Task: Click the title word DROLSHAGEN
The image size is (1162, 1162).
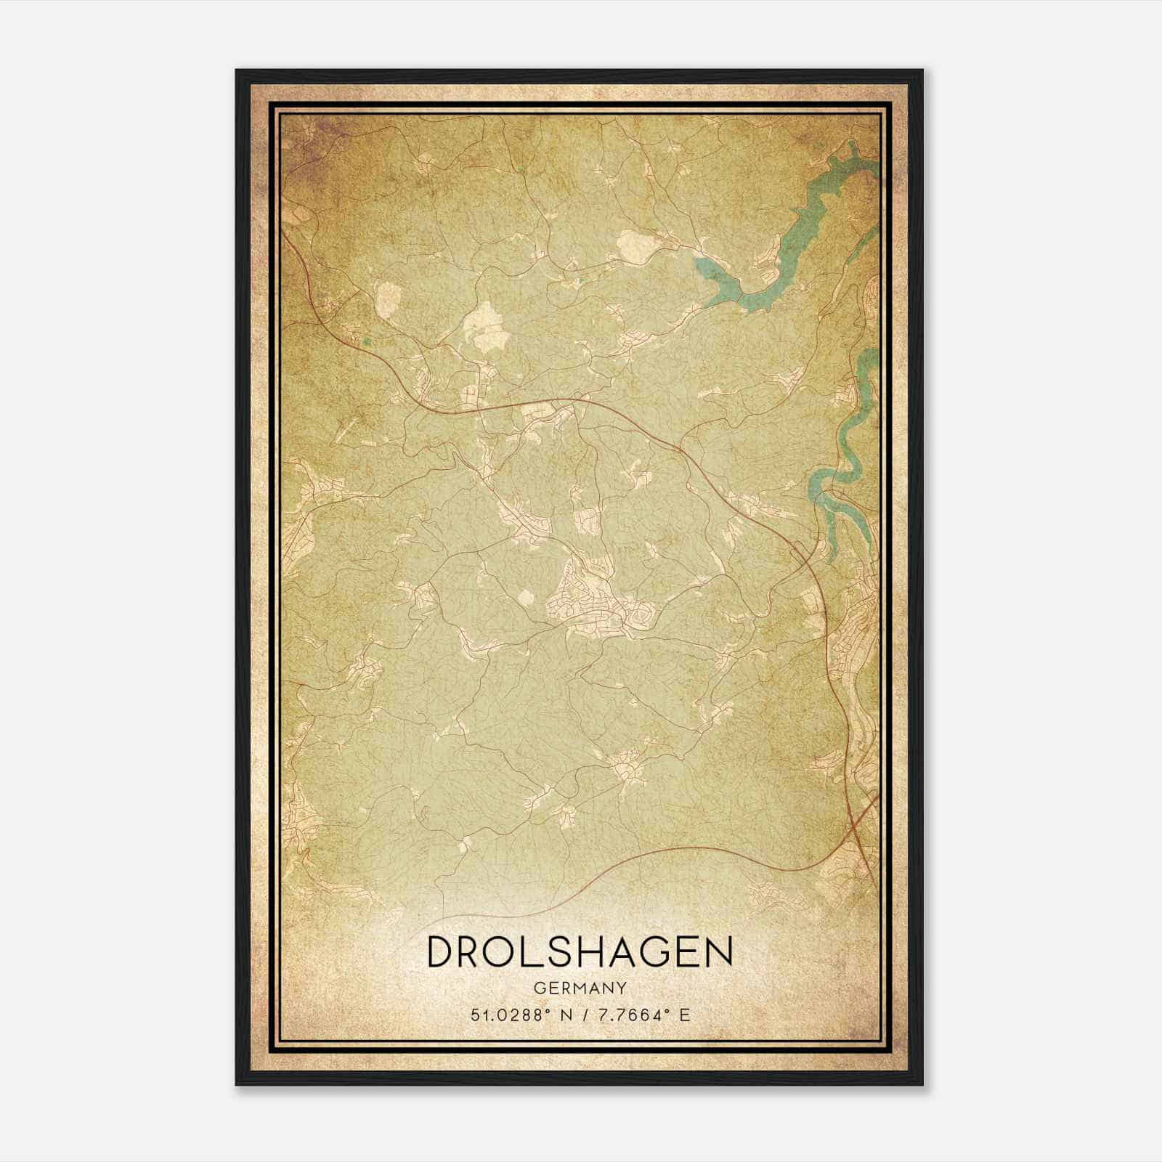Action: click(x=580, y=952)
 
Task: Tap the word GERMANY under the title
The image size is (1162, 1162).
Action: click(x=580, y=988)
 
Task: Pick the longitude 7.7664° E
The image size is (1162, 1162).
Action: click(x=641, y=1015)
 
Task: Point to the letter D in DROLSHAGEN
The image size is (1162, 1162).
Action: click(x=442, y=952)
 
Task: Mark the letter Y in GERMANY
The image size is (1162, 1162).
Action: click(x=622, y=988)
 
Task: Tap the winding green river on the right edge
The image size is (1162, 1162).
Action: click(x=842, y=465)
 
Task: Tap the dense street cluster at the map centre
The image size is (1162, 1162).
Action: click(x=588, y=603)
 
